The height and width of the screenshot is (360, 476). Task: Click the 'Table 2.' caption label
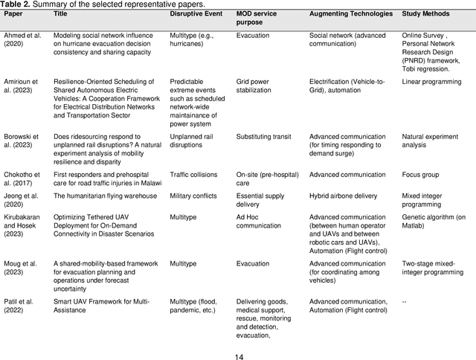[17, 4]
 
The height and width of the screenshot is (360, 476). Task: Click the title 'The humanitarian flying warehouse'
[105, 196]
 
